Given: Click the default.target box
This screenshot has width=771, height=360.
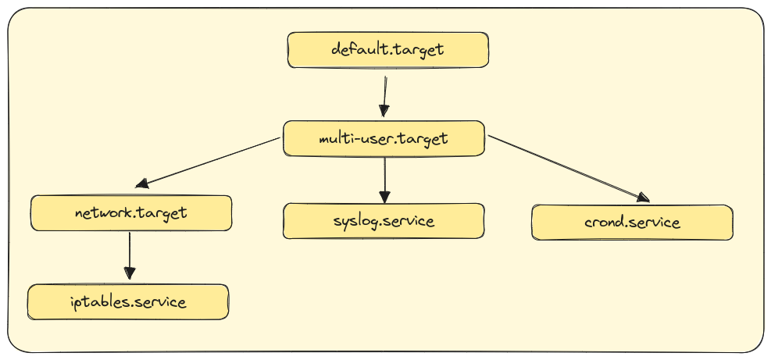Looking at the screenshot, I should [388, 49].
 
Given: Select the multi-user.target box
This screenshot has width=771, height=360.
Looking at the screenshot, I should [384, 138].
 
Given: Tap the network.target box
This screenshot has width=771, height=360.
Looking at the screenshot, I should [131, 213].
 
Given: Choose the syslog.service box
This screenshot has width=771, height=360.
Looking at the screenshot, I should [384, 220].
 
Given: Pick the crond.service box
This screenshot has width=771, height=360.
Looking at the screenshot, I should [632, 223].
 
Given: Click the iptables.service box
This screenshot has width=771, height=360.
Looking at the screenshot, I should [128, 301].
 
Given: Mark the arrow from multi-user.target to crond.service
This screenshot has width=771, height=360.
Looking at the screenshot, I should [566, 168].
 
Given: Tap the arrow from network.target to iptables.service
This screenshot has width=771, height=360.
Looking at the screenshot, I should [129, 254].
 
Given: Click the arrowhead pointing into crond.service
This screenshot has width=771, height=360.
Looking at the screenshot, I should [641, 198].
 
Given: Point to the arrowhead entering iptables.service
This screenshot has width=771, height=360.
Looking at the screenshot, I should [129, 273].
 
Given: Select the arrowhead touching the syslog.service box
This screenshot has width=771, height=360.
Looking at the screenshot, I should [384, 195].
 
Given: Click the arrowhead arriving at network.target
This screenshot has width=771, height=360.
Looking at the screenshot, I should [142, 184].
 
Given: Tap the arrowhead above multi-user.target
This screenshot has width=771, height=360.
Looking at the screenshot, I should [383, 110].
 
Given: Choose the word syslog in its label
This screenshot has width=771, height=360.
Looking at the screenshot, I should [356, 221].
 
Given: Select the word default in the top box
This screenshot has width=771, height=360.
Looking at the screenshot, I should [359, 49].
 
